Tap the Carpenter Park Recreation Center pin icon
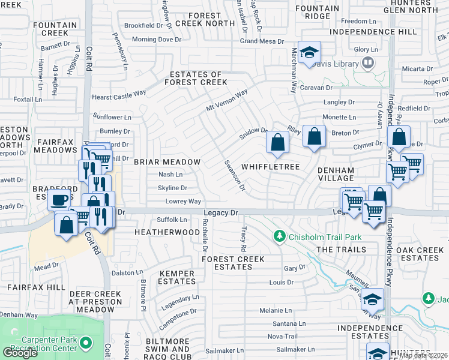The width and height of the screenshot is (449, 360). coord(86,343)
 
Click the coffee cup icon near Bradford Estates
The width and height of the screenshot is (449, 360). coord(59,200)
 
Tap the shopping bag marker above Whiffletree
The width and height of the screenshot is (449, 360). coord(277,143)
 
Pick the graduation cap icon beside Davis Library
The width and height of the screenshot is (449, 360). coord(310,52)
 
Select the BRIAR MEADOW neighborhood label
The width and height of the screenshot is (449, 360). coord(167,162)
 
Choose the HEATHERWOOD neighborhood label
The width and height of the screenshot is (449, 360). coord(167,232)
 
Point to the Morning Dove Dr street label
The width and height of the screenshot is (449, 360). coord(156,40)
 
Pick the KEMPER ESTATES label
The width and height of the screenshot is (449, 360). coord(176,277)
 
